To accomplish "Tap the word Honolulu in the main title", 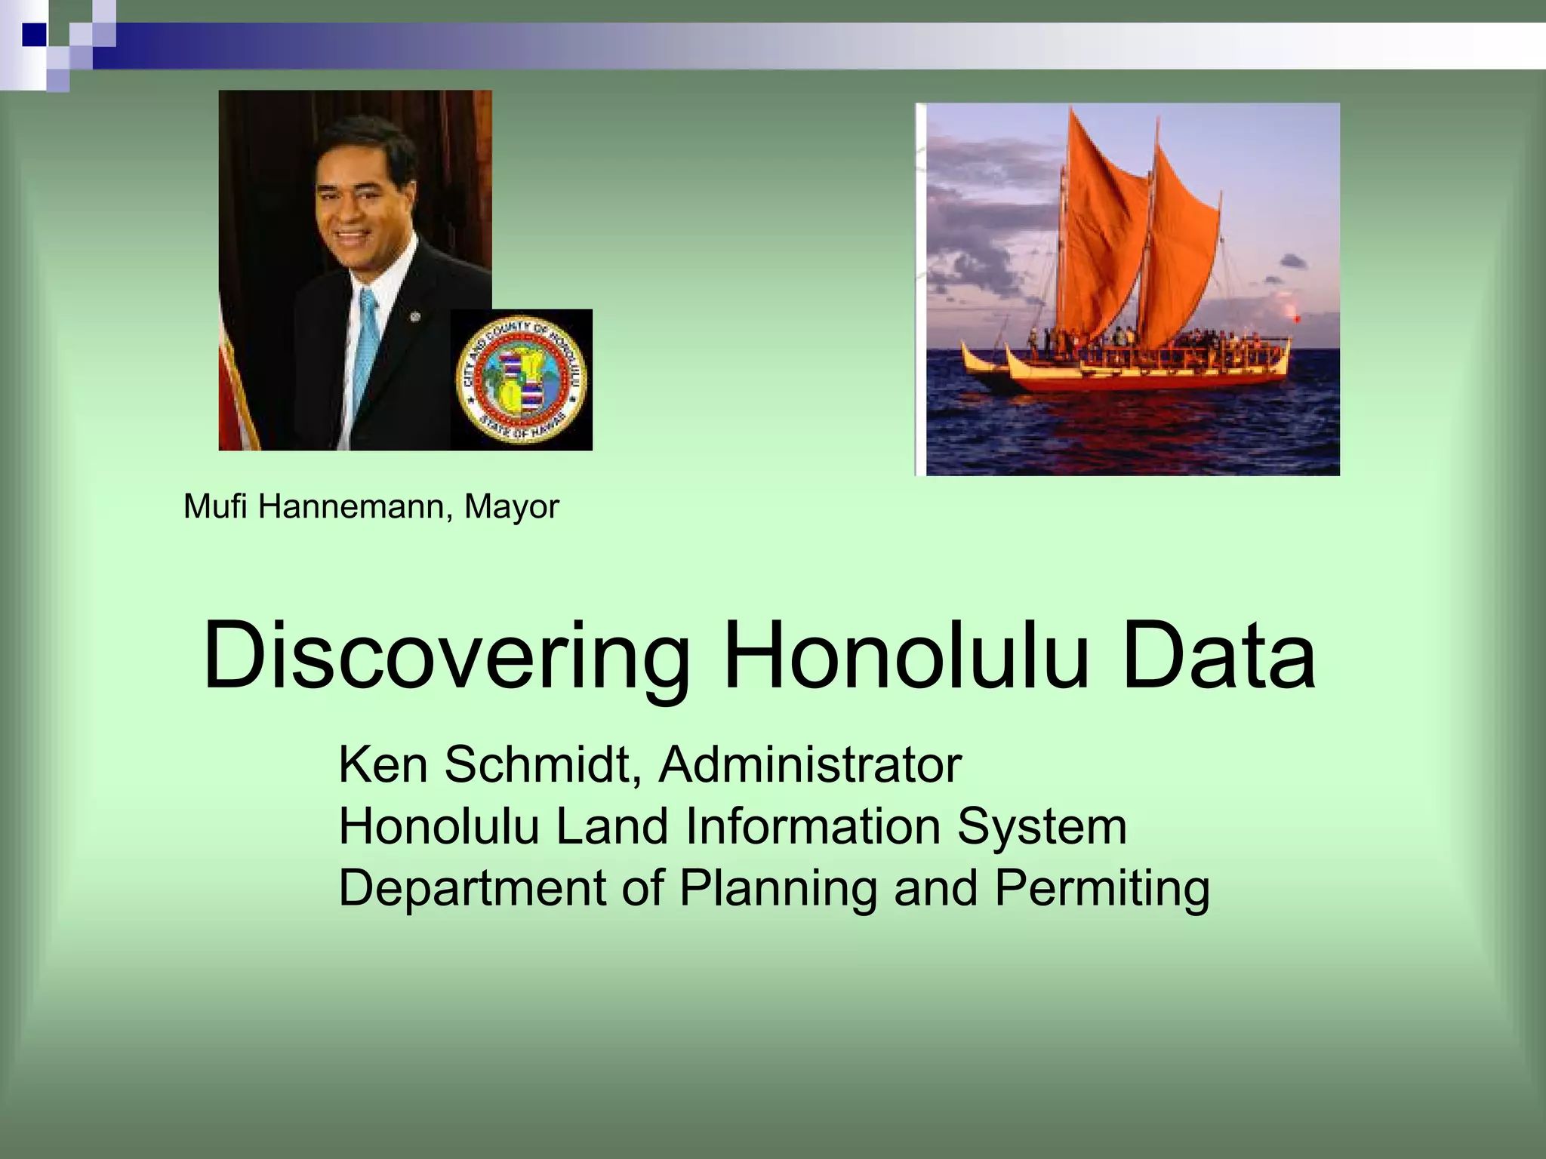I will click(x=906, y=655).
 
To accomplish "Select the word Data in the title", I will click(x=1218, y=655).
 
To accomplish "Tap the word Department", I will click(x=473, y=889).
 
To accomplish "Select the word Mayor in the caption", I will click(x=511, y=507).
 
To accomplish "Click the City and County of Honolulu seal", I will click(x=522, y=380).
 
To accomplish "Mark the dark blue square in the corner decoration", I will click(x=33, y=33).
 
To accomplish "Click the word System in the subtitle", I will click(x=1042, y=827).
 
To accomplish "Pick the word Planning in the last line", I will click(x=778, y=889).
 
